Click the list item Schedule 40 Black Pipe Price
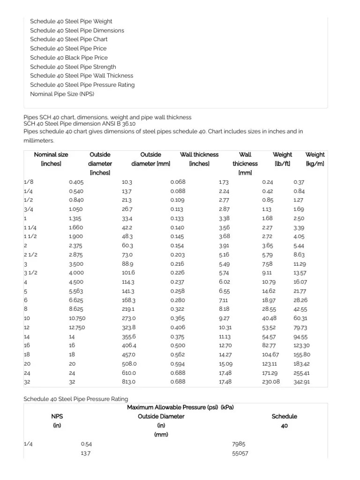pyautogui.click(x=68, y=58)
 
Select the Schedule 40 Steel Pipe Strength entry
pyautogui.click(x=73, y=67)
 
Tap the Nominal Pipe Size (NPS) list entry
pyautogui.click(x=62, y=94)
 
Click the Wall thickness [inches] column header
pyautogui.click(x=199, y=159)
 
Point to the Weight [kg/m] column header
pyautogui.click(x=315, y=159)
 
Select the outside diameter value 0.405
pyautogui.click(x=76, y=182)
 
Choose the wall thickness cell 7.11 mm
pyautogui.click(x=224, y=300)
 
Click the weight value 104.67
pyautogui.click(x=270, y=355)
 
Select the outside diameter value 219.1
pyautogui.click(x=128, y=309)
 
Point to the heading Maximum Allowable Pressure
pyautogui.click(x=180, y=407)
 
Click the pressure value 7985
pyautogui.click(x=239, y=444)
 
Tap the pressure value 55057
pyautogui.click(x=240, y=453)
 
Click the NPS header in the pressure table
pyautogui.click(x=57, y=416)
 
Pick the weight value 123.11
pyautogui.click(x=270, y=364)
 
